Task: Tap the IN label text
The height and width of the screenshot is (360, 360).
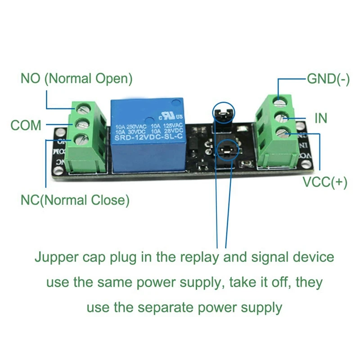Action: coord(321,118)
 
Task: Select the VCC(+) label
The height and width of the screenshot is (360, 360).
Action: coord(324,183)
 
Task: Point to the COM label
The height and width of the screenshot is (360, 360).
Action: coord(26,125)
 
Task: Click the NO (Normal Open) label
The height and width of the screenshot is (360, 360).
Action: coord(76,79)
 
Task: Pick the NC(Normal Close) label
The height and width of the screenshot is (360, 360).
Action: coord(75,199)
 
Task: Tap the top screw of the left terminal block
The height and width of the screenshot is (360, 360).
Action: coord(81,107)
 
